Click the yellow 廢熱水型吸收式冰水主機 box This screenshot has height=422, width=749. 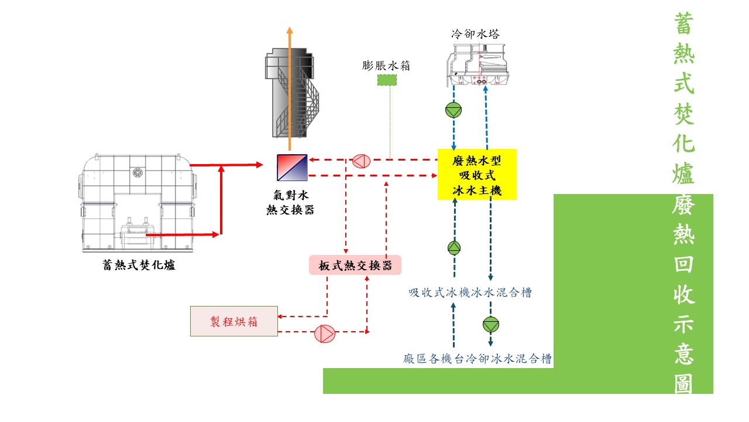(x=477, y=174)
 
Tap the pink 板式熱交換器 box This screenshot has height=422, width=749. (x=355, y=266)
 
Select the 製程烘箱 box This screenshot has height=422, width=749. (x=234, y=321)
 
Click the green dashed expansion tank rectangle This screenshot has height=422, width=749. (x=386, y=80)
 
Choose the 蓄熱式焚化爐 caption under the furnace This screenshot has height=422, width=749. (x=139, y=266)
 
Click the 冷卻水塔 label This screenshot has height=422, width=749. (x=475, y=34)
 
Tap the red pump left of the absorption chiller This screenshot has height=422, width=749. (x=361, y=160)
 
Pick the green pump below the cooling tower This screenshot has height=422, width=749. (x=453, y=110)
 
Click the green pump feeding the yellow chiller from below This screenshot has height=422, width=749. (x=454, y=247)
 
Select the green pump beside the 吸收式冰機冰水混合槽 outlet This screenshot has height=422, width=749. (x=490, y=324)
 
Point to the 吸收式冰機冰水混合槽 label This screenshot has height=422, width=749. (x=470, y=292)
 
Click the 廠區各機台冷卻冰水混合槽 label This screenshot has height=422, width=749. (x=477, y=359)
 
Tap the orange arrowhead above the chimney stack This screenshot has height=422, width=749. (x=290, y=30)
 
